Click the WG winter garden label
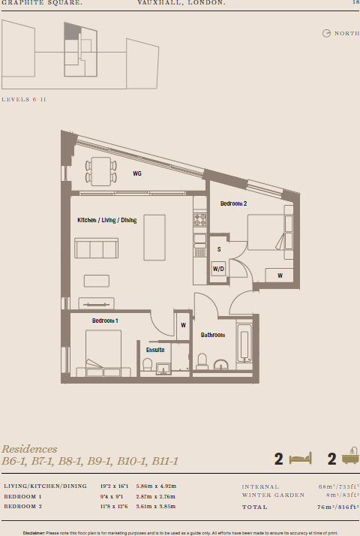(x=137, y=173)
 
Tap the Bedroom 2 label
(x=233, y=203)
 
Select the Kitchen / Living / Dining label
(x=107, y=221)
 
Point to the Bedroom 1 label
(x=105, y=321)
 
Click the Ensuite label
(x=155, y=349)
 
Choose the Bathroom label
(x=212, y=335)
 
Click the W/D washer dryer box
(x=219, y=269)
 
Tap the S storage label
(x=219, y=248)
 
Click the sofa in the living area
(x=96, y=248)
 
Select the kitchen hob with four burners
(x=200, y=220)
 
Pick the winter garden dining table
(x=100, y=170)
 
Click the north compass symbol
(x=326, y=33)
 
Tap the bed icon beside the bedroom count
(x=301, y=457)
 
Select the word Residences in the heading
(x=29, y=449)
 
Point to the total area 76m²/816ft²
(x=337, y=507)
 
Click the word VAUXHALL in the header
(x=159, y=4)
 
